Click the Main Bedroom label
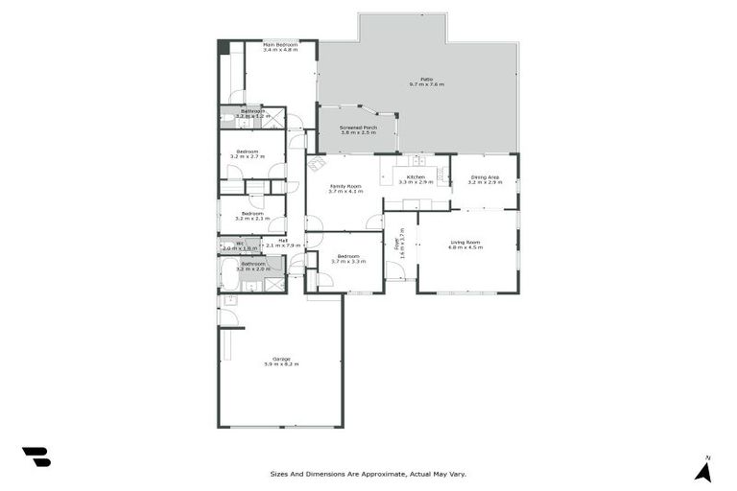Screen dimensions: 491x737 tap(280, 45)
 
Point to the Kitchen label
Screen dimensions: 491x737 tap(416, 177)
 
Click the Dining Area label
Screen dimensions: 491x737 tap(484, 177)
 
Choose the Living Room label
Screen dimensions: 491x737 tap(465, 242)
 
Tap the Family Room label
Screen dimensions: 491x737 tap(345, 186)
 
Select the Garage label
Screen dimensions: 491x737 tap(281, 360)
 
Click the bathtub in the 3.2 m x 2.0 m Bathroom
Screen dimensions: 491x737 tap(229, 277)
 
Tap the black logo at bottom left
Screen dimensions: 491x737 tap(36, 456)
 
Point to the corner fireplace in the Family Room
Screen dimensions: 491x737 tap(316, 164)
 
